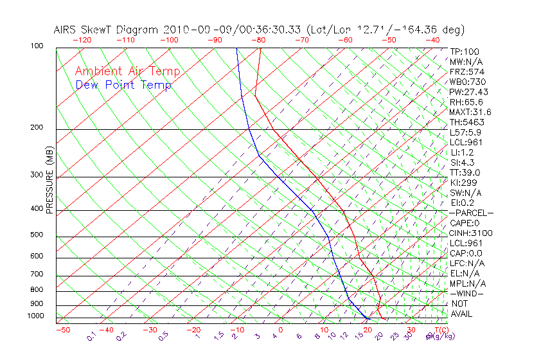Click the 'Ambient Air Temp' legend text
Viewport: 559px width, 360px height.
point(127,72)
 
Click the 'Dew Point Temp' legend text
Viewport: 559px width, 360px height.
point(123,85)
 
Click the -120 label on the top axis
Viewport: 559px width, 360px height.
point(82,40)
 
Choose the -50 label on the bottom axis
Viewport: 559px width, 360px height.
point(62,330)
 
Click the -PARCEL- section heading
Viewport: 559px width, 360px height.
point(471,213)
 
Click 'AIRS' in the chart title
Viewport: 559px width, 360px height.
point(66,30)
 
